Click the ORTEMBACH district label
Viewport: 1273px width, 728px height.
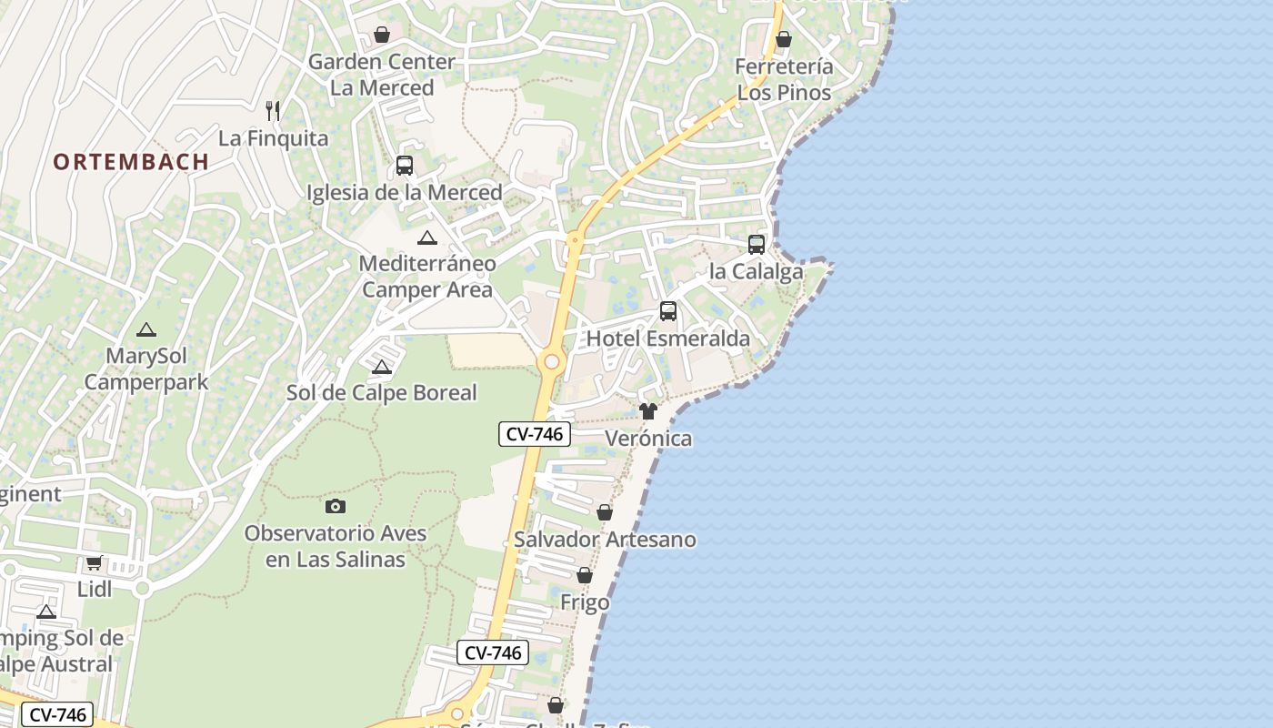pyautogui.click(x=131, y=162)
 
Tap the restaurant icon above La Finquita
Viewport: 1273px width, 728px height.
pyautogui.click(x=273, y=111)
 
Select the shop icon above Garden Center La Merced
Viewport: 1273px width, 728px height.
pyautogui.click(x=382, y=35)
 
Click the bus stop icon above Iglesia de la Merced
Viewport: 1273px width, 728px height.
pyautogui.click(x=405, y=166)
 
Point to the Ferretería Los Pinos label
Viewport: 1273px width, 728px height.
pyautogui.click(x=784, y=80)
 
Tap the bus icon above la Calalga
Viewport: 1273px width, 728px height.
pyautogui.click(x=756, y=244)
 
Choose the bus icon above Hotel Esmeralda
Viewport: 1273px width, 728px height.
pyautogui.click(x=668, y=311)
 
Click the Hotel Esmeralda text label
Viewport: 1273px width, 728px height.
pyautogui.click(x=668, y=339)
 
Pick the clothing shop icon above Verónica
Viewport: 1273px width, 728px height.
pyautogui.click(x=648, y=411)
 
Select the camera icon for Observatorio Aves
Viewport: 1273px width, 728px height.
pyautogui.click(x=336, y=506)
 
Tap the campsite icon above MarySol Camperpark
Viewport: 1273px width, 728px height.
pyautogui.click(x=145, y=329)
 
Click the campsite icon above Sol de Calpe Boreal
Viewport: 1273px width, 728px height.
pyautogui.click(x=382, y=367)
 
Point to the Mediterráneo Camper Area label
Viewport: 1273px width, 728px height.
pyautogui.click(x=427, y=277)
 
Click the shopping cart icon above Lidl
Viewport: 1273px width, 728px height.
pyautogui.click(x=95, y=563)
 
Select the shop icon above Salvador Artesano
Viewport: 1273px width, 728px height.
pyautogui.click(x=605, y=513)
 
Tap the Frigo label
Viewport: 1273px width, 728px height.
pyautogui.click(x=585, y=602)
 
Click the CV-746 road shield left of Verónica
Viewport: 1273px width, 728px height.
pyautogui.click(x=535, y=434)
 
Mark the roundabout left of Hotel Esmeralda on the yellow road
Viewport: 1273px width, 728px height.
pyautogui.click(x=551, y=362)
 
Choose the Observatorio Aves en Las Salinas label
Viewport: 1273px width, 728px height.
pyautogui.click(x=336, y=546)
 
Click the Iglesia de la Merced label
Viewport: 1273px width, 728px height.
pyautogui.click(x=405, y=193)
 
